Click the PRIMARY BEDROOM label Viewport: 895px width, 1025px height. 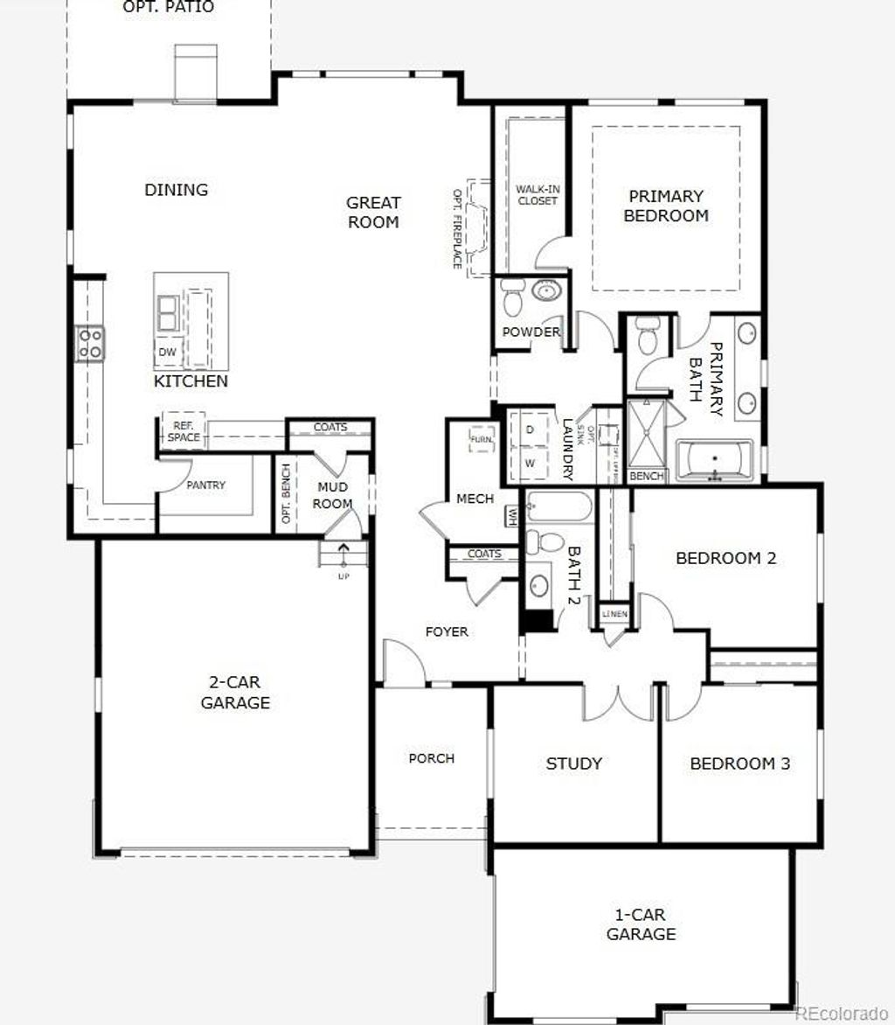(x=666, y=206)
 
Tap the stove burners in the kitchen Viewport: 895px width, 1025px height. (x=90, y=342)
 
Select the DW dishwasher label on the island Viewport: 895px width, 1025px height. (x=166, y=352)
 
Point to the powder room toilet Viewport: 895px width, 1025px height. (x=512, y=300)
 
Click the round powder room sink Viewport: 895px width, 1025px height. (x=547, y=291)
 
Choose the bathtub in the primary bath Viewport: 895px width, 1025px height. (x=714, y=458)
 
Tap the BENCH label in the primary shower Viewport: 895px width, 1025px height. (x=646, y=477)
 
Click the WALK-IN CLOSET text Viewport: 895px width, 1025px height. (x=536, y=194)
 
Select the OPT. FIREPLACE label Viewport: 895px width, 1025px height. (x=456, y=228)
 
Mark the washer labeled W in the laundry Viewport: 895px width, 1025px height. (x=530, y=462)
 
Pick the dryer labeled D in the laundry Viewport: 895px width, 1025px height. (x=530, y=429)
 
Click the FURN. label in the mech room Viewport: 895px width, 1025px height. (x=481, y=439)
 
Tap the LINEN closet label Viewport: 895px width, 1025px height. (x=614, y=614)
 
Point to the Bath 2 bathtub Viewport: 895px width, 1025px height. (x=559, y=506)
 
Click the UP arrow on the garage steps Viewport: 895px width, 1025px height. (x=343, y=554)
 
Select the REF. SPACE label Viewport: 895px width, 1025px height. (x=184, y=432)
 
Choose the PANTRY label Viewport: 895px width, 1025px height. (x=205, y=485)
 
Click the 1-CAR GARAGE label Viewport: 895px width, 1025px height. (x=642, y=924)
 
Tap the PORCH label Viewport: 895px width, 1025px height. (x=432, y=758)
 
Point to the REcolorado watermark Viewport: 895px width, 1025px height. (x=841, y=1013)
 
